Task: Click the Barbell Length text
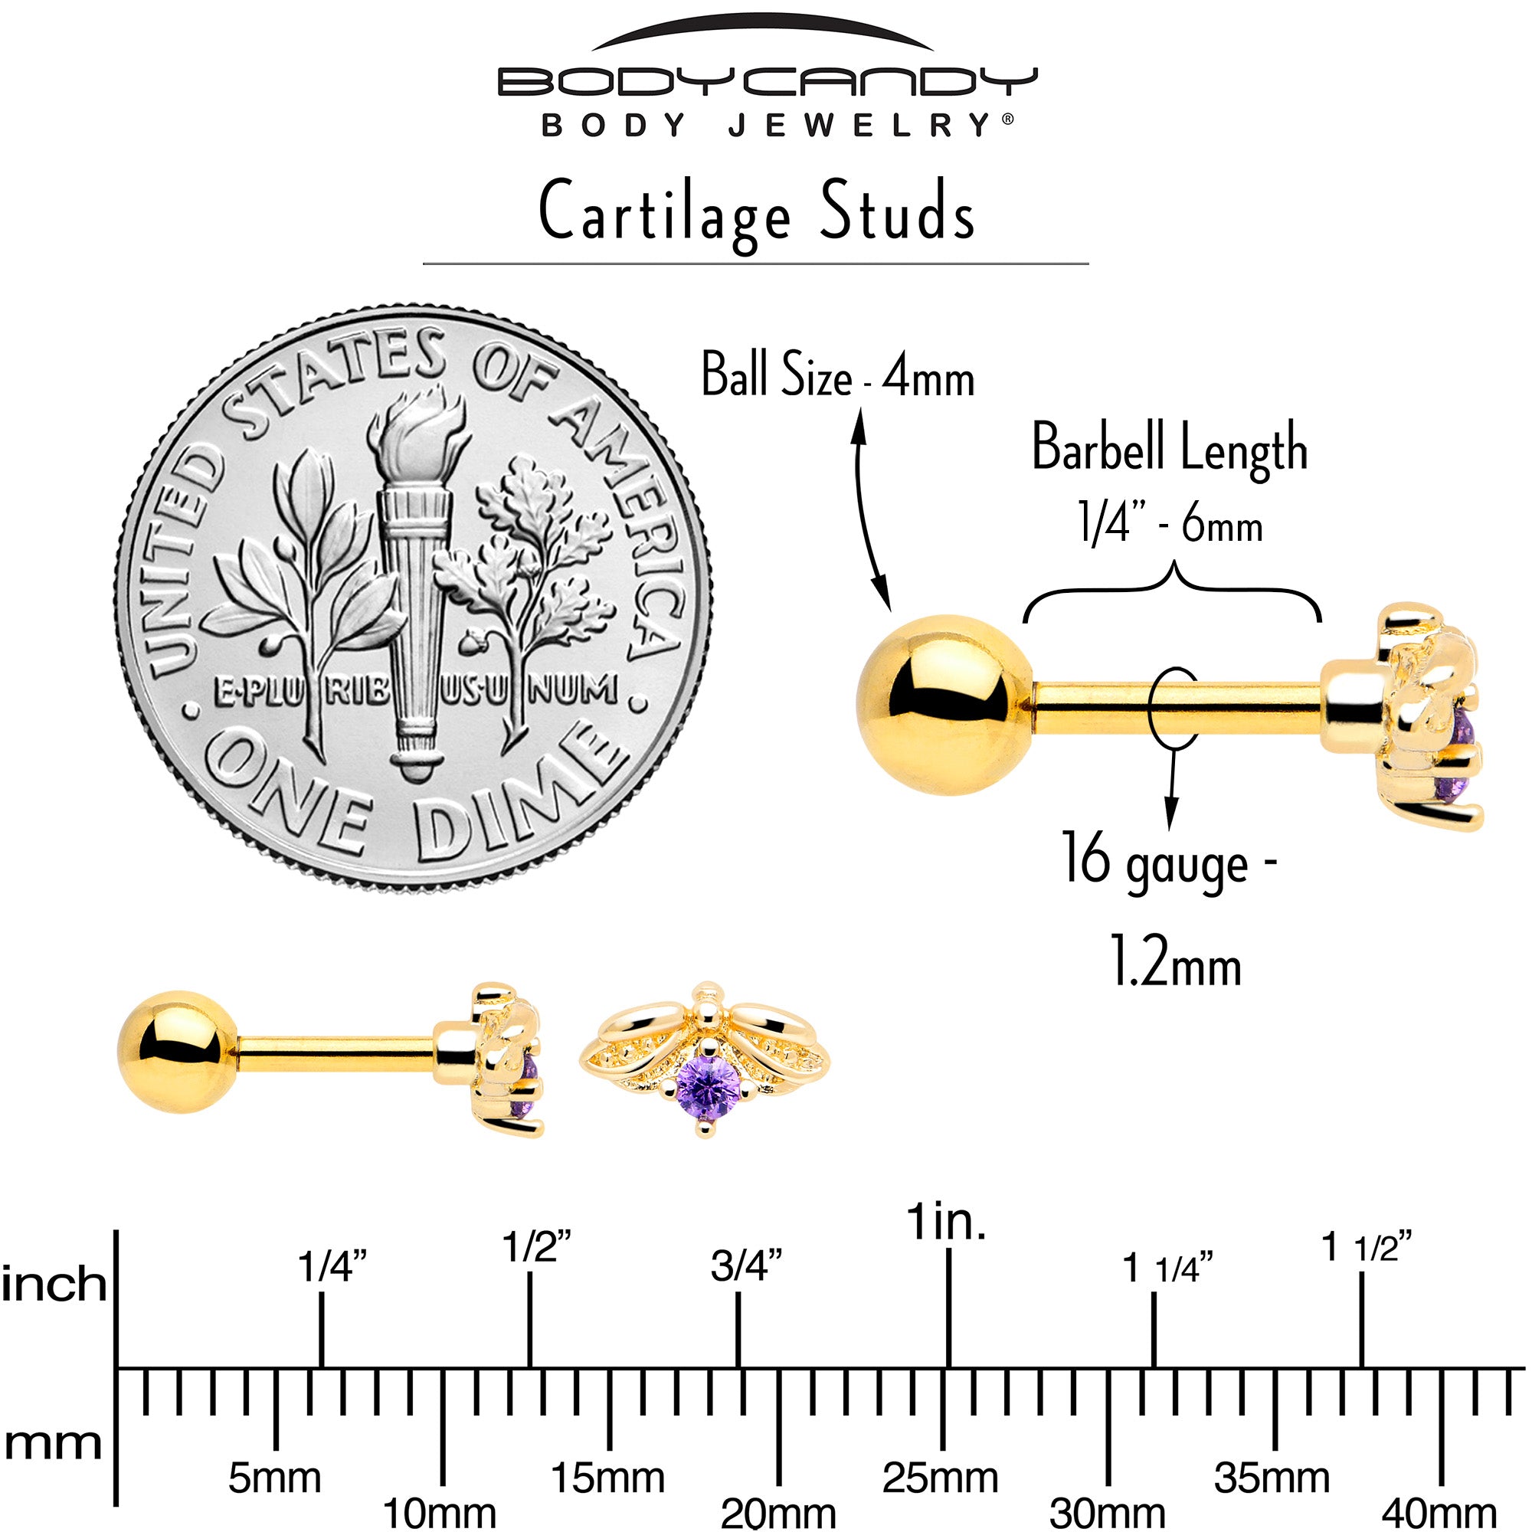(x=1169, y=448)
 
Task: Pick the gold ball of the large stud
(x=945, y=704)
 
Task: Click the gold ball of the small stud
(x=178, y=1052)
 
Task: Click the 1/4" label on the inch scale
(x=332, y=1266)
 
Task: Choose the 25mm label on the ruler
(x=941, y=1478)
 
